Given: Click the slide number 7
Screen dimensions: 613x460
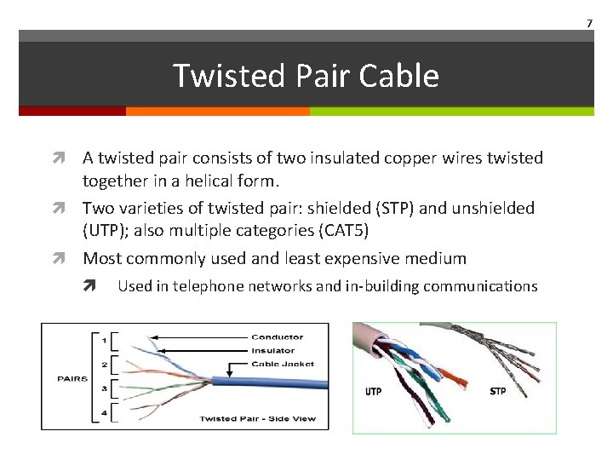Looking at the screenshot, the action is point(588,21).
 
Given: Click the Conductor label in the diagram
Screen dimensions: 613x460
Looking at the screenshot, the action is point(277,337).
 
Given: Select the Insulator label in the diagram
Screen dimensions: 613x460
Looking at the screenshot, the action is point(273,350).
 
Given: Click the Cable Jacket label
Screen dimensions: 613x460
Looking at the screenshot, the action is point(282,364).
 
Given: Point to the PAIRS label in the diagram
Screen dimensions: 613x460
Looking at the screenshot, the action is point(72,378).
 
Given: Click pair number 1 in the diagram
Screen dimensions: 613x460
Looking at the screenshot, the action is point(104,341).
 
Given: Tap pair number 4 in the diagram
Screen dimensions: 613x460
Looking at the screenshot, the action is point(104,412).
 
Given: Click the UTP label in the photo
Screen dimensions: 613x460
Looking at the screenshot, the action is point(373,392).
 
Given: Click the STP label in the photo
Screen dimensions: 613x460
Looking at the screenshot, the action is point(498,392).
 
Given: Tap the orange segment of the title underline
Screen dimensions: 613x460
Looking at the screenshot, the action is point(217,111).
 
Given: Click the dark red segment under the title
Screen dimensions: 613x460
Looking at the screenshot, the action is point(72,111).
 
